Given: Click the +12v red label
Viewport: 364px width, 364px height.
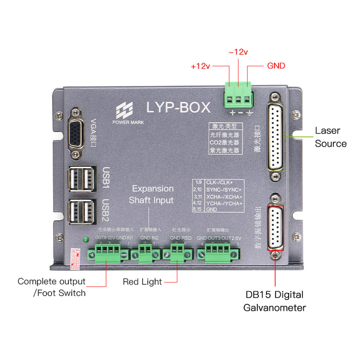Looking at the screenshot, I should [x=200, y=66].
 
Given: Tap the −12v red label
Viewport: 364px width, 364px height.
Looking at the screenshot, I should [x=238, y=52].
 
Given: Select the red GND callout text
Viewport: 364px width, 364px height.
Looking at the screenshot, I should [x=276, y=66].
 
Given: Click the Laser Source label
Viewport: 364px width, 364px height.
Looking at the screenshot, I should [x=331, y=137].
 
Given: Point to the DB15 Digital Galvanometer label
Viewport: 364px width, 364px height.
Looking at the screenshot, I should [x=275, y=301].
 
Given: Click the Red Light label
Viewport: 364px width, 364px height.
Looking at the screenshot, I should [x=142, y=282].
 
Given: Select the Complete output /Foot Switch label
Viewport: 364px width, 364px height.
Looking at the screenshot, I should [x=52, y=287].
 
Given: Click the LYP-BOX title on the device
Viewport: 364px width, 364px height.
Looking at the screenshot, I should [x=178, y=107].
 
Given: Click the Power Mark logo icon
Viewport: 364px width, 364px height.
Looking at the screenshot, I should [x=124, y=110].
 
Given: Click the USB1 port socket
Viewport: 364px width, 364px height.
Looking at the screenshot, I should [x=81, y=178].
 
